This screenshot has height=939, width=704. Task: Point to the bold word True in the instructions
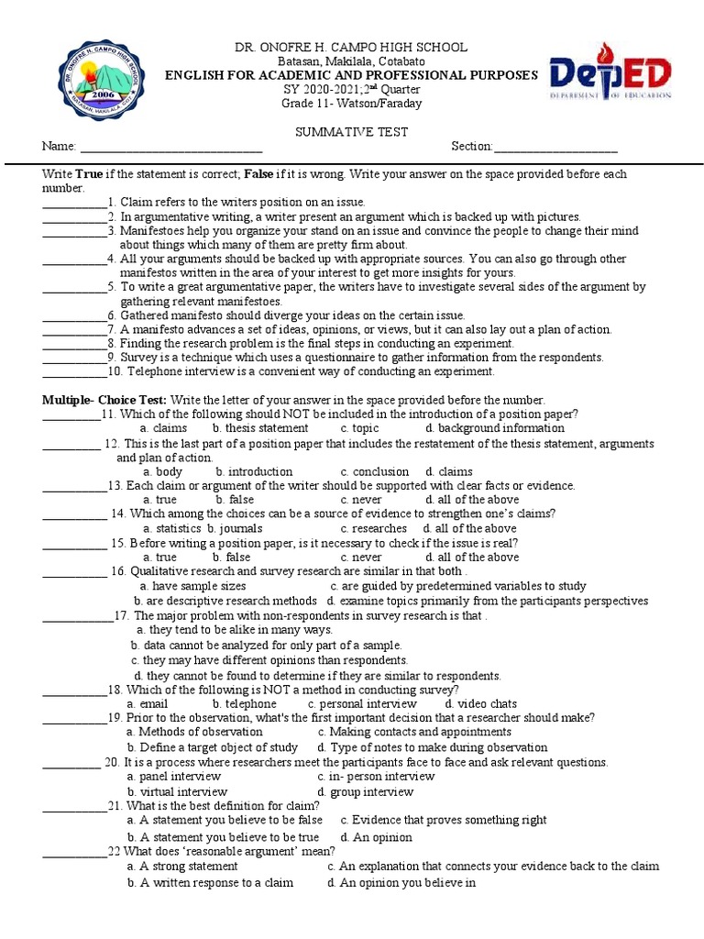pos(89,173)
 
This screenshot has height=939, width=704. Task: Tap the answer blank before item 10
pos(74,373)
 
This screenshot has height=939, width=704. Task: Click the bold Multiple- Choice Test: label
pos(104,400)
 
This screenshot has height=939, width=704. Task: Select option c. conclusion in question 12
pos(374,472)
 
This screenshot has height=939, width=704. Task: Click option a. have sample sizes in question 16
pos(192,586)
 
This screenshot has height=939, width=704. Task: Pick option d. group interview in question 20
pos(365,792)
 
